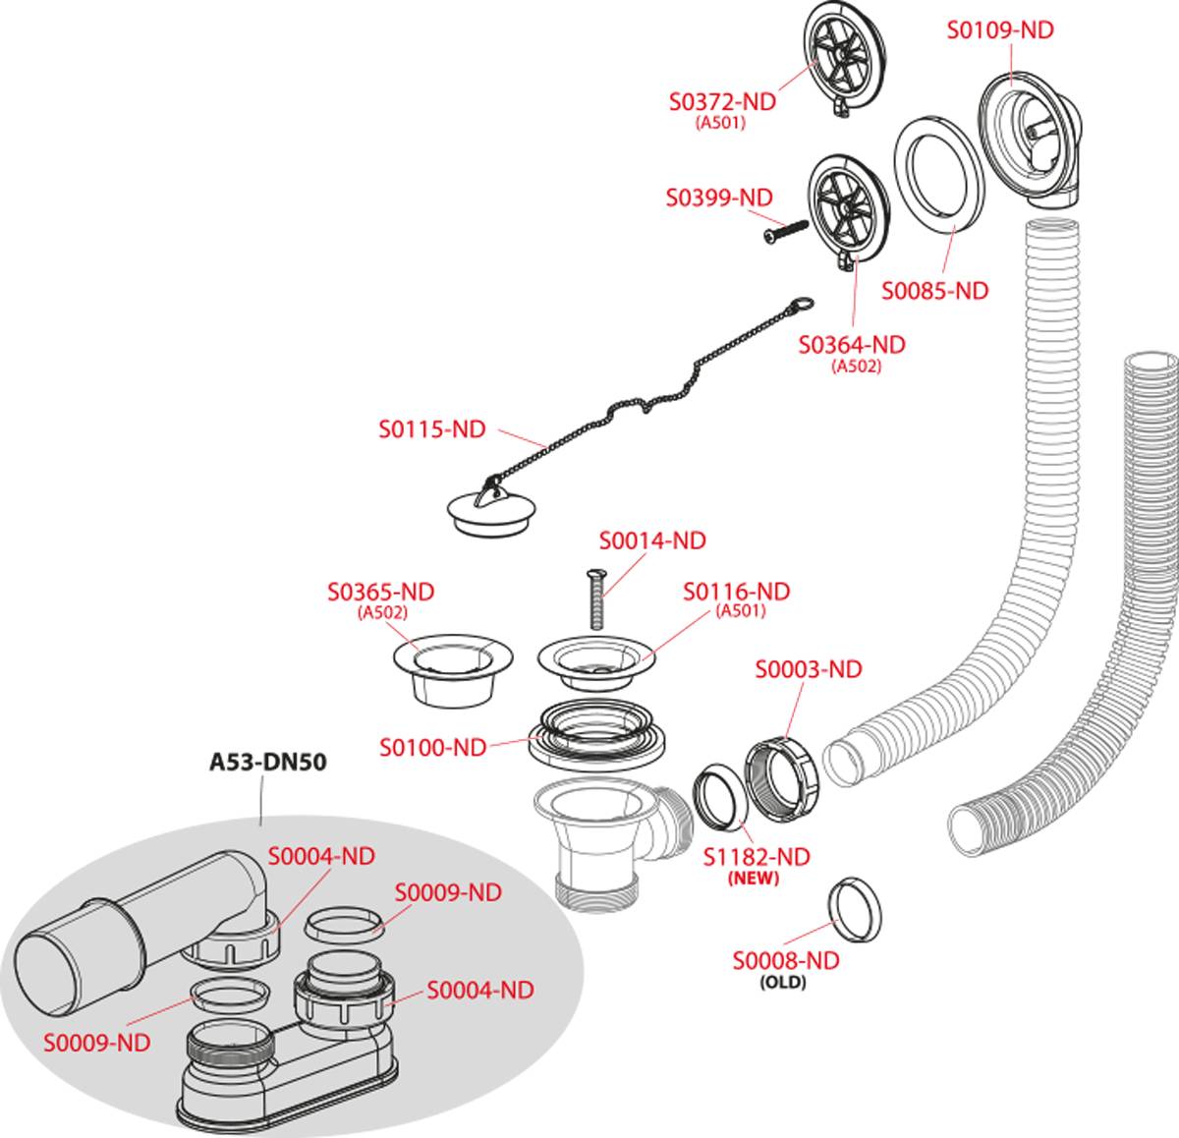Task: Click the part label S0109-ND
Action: tap(999, 30)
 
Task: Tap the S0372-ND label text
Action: tap(722, 101)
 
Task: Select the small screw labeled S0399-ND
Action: tap(786, 232)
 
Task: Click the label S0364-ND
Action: tap(852, 345)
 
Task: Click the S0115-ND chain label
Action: tap(432, 429)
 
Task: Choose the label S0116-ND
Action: tap(737, 592)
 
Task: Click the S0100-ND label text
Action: tap(433, 748)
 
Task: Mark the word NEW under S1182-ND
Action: tap(753, 879)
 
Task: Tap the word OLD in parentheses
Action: tap(783, 982)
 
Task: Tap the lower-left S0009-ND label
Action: tap(96, 1043)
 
